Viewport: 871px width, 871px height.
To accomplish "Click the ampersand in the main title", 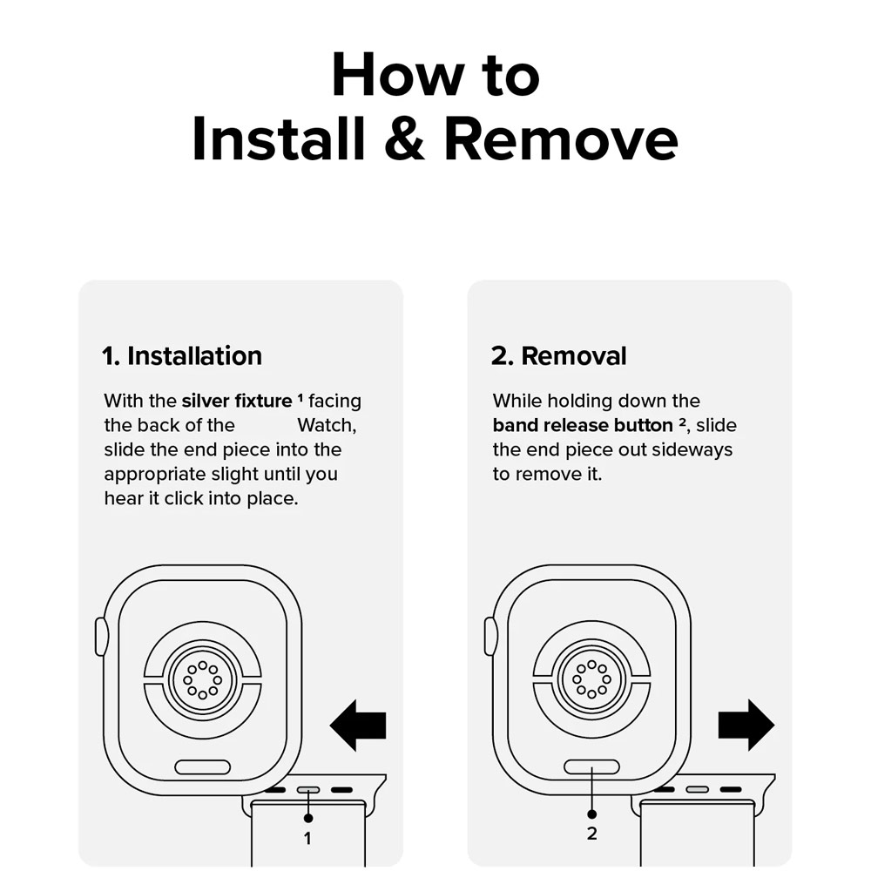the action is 405,138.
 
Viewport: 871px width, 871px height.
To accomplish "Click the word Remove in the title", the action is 561,138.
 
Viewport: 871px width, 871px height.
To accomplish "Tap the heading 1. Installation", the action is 182,355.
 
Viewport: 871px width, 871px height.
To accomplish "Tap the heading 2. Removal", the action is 559,355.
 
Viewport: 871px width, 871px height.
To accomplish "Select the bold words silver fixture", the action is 237,401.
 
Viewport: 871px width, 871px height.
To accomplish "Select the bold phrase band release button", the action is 583,425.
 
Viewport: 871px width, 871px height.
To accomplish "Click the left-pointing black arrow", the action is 358,725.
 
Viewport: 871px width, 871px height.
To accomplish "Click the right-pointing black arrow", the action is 746,725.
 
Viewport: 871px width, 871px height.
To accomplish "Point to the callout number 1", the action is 307,838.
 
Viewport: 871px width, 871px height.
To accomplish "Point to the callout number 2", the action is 591,834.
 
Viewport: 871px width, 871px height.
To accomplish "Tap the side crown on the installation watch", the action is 101,637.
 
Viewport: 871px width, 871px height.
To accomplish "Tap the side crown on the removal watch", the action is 490,637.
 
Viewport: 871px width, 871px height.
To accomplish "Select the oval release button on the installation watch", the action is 202,767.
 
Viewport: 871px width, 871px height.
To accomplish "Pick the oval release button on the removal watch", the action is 591,767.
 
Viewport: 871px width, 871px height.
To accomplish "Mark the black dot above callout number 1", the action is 308,818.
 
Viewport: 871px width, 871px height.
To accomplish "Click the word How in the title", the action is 398,75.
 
